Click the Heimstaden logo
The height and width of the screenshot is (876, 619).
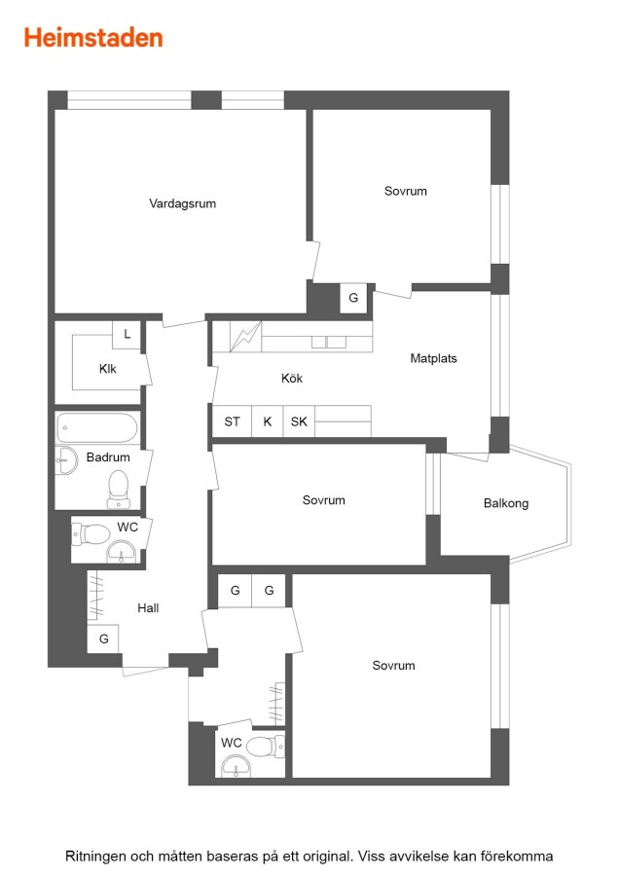[x=93, y=37]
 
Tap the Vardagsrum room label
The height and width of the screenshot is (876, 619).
[x=182, y=203]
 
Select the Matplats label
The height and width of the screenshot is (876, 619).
[x=433, y=358]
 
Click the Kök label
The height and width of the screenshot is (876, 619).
[x=292, y=379]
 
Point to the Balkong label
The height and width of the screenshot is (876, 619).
[x=506, y=503]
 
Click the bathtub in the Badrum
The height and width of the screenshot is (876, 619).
[x=97, y=427]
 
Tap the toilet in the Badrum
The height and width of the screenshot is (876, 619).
[x=119, y=490]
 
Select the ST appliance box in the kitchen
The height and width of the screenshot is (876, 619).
[x=232, y=421]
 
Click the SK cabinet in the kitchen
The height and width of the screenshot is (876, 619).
[x=299, y=421]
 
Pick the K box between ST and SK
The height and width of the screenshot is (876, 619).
[x=268, y=421]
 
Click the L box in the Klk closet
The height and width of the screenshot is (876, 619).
[x=127, y=335]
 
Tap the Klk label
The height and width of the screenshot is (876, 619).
[x=107, y=369]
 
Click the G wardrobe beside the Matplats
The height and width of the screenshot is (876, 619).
[x=353, y=299]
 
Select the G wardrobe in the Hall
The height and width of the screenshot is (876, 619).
[x=103, y=639]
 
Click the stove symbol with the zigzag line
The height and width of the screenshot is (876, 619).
[x=245, y=337]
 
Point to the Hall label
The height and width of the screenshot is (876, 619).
[x=148, y=607]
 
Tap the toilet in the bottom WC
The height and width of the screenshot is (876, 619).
[x=265, y=747]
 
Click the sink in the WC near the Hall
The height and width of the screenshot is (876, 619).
[x=122, y=552]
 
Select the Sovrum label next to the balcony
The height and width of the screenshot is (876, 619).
[x=323, y=500]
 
